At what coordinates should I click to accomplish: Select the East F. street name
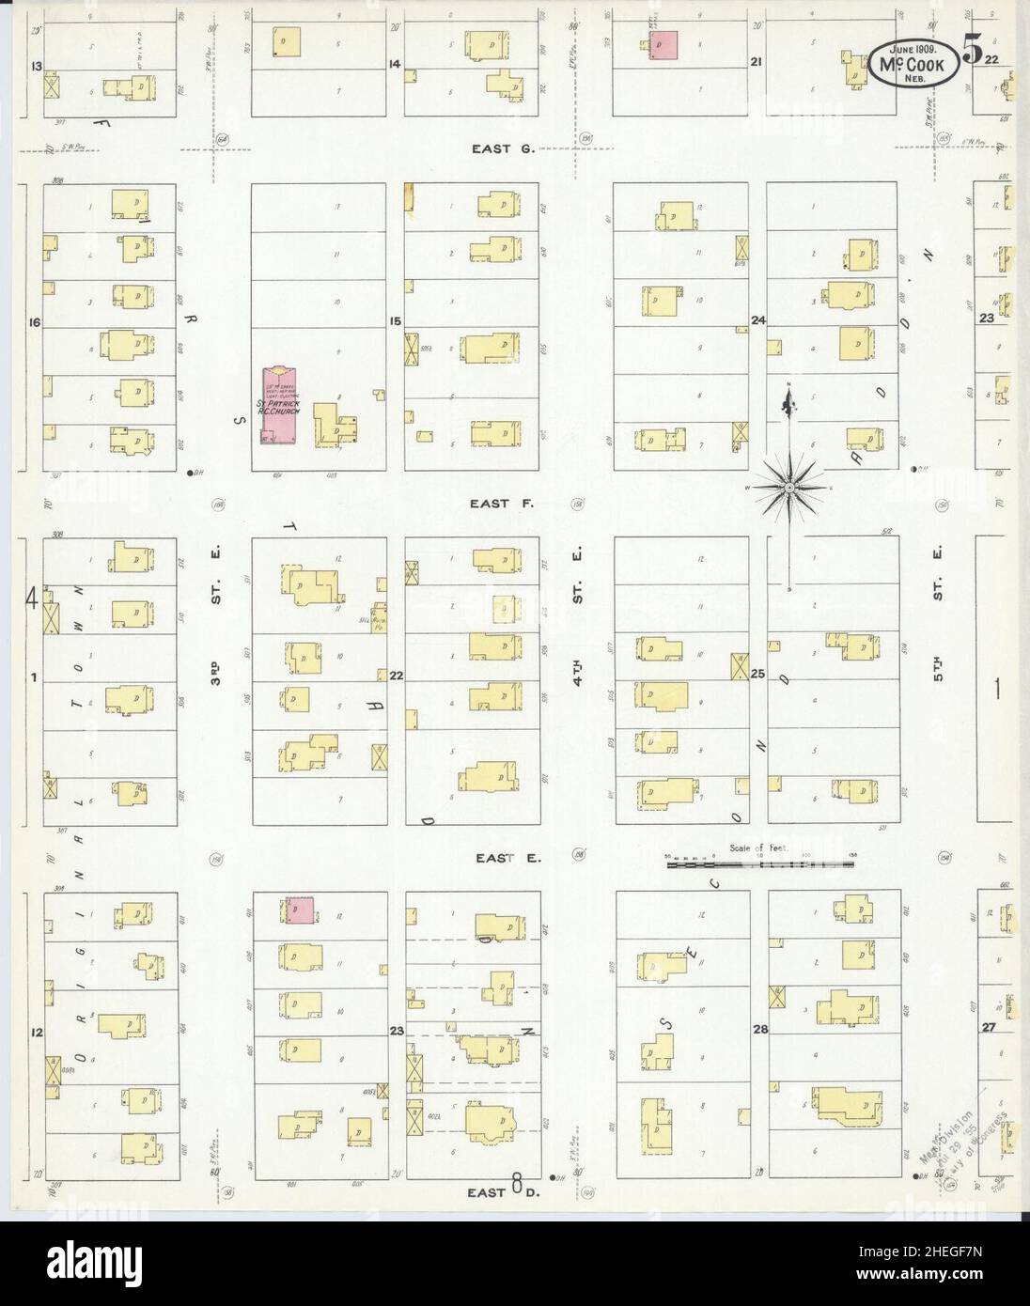pyautogui.click(x=503, y=504)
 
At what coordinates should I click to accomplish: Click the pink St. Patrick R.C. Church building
pyautogui.click(x=279, y=406)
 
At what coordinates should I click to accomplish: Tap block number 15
pyautogui.click(x=397, y=321)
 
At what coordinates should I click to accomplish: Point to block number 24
pyautogui.click(x=757, y=320)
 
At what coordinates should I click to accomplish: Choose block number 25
pyautogui.click(x=757, y=675)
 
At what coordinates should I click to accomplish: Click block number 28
pyautogui.click(x=759, y=1030)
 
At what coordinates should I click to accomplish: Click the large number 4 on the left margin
pyautogui.click(x=30, y=597)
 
